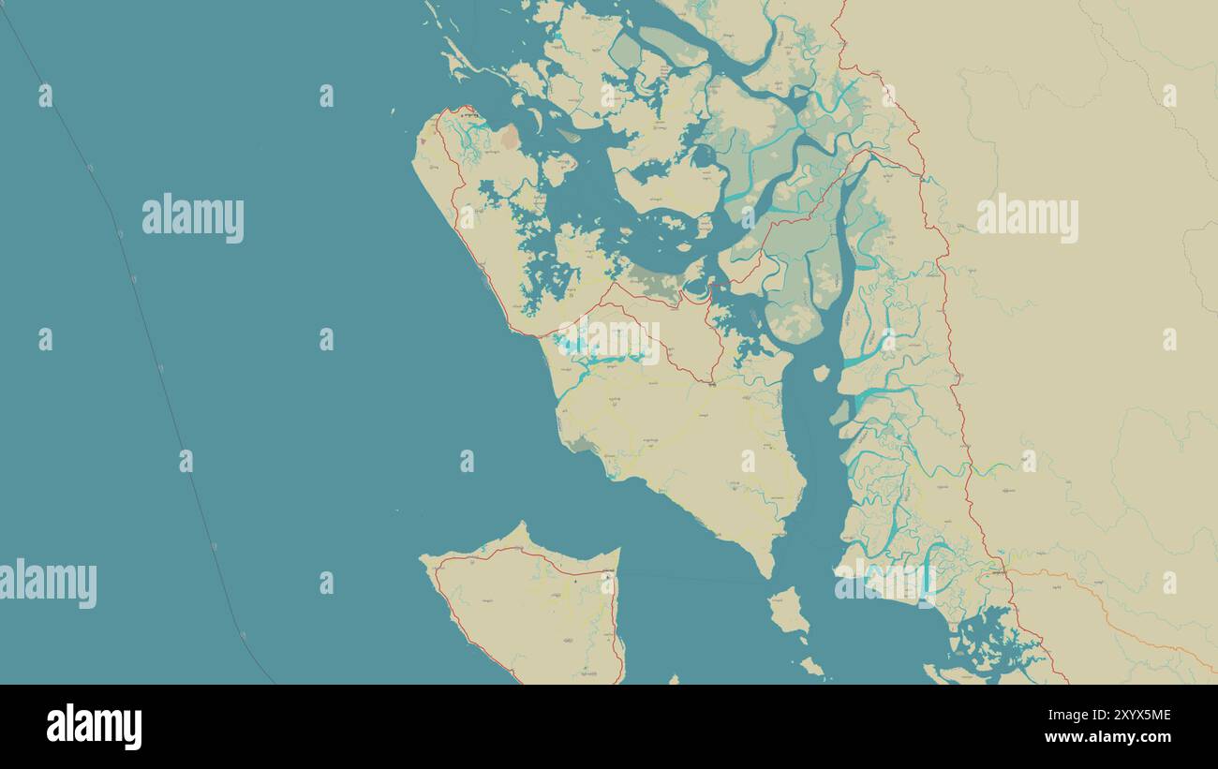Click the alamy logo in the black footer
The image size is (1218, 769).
pos(94,727)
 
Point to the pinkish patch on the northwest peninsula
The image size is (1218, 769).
pos(509,139)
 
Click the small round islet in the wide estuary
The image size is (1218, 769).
pos(821,373)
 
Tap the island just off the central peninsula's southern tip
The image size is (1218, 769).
pos(788,610)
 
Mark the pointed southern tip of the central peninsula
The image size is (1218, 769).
pos(767,572)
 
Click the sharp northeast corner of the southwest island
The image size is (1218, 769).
pos(618,551)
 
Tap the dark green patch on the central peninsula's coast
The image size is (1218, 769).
pos(581,442)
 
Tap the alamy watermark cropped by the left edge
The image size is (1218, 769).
pos(47,584)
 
